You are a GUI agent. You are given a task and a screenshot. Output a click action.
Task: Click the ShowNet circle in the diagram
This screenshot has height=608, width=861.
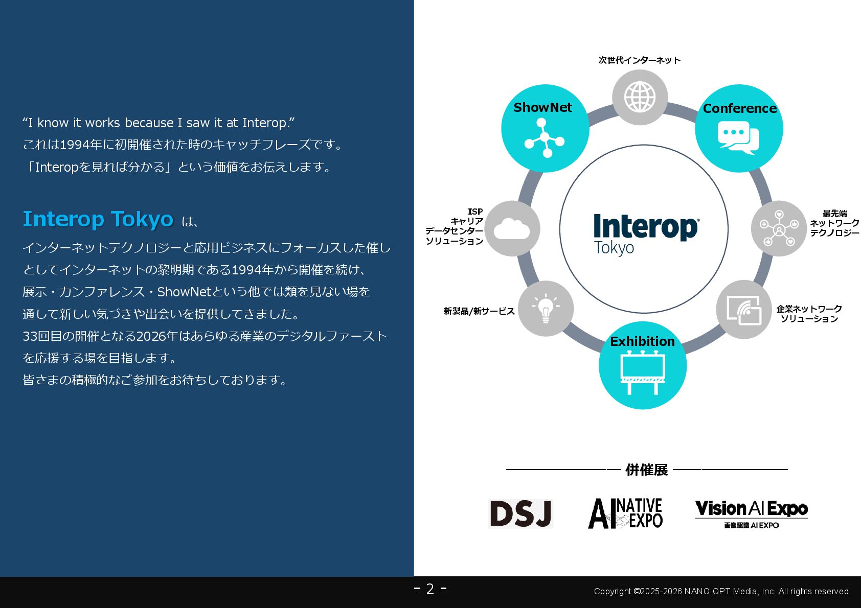point(545,128)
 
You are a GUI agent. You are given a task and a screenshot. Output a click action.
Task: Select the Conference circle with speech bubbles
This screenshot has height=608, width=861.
point(739,128)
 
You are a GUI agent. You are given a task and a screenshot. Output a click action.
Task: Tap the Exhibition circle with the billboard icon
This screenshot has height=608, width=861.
point(643,365)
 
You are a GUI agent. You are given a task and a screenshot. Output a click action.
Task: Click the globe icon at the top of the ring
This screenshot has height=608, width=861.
point(640,97)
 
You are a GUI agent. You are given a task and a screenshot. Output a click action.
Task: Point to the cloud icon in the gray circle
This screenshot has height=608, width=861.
point(512,228)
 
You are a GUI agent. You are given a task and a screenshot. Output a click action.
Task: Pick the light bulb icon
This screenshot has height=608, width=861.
point(546,309)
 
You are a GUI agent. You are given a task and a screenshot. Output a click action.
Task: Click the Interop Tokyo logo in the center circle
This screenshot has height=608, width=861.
point(645,233)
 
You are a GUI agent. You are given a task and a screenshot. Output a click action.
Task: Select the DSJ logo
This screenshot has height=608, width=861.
point(520,513)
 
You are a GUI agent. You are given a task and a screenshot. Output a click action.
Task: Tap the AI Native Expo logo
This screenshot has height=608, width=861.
point(625,513)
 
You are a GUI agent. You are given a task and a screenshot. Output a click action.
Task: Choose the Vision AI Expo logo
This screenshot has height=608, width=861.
point(751,513)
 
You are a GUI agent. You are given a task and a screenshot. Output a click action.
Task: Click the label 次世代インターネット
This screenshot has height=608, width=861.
point(640,60)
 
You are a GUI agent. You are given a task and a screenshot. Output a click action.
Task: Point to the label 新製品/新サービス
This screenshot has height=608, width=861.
point(479,311)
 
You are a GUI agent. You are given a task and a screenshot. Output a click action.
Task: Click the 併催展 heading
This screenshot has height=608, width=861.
point(646,470)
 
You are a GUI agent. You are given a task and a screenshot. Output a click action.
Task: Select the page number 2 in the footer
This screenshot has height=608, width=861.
point(430,589)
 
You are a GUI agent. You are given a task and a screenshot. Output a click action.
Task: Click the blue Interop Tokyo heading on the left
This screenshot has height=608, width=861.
point(98,219)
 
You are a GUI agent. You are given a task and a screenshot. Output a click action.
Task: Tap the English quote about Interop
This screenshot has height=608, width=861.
point(158,123)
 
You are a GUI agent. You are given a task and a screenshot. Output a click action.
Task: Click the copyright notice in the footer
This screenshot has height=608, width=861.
point(722,591)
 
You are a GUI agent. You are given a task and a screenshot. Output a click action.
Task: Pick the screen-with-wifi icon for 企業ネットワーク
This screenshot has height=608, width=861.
point(744,309)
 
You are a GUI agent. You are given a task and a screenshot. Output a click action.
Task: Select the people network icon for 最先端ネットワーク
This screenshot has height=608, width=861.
point(779,228)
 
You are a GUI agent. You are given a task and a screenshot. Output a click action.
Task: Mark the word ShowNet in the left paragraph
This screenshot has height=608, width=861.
point(184,292)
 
